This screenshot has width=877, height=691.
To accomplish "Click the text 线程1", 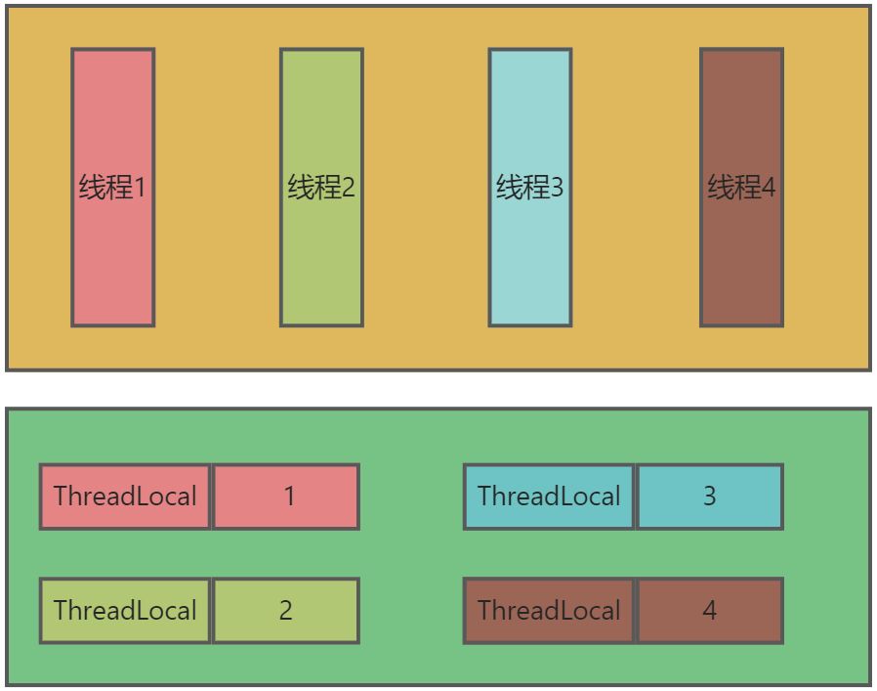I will [x=112, y=187].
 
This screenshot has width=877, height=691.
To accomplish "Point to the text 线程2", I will [x=321, y=187].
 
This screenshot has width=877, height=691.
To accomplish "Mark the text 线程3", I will [x=530, y=187].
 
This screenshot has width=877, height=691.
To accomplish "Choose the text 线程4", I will [x=741, y=187].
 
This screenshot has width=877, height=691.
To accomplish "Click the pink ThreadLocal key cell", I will [x=125, y=497].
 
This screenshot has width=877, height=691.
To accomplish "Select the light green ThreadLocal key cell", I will [x=125, y=611].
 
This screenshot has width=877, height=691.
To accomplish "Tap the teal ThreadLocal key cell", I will [x=549, y=497].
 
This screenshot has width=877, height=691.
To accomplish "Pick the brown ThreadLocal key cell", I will [x=549, y=611].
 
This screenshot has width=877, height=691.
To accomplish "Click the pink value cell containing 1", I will [x=286, y=497].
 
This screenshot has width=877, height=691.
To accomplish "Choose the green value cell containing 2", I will [x=286, y=611].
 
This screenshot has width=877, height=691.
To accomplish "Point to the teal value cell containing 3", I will [x=710, y=497].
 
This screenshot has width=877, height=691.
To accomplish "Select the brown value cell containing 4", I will [x=710, y=611].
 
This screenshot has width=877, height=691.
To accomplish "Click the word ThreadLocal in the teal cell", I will [x=549, y=497].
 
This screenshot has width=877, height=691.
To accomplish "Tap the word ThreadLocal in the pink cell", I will [x=125, y=497].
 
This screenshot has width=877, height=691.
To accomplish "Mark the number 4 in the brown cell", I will [x=710, y=611].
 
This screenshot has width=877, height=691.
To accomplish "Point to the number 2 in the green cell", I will [x=286, y=611].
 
